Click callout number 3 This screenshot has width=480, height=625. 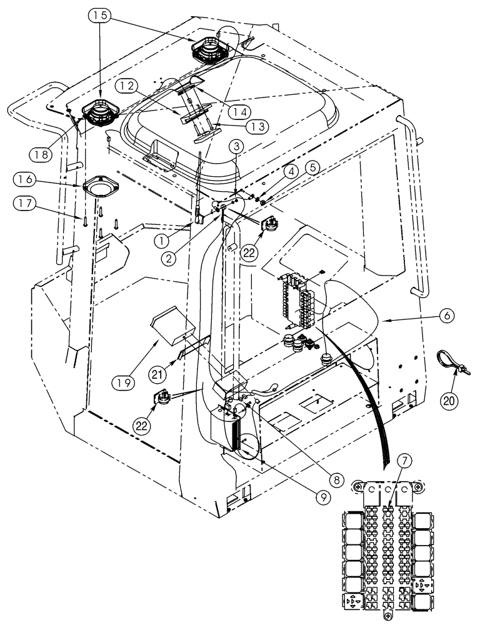coord(237,146)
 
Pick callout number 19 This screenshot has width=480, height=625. coord(125,379)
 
